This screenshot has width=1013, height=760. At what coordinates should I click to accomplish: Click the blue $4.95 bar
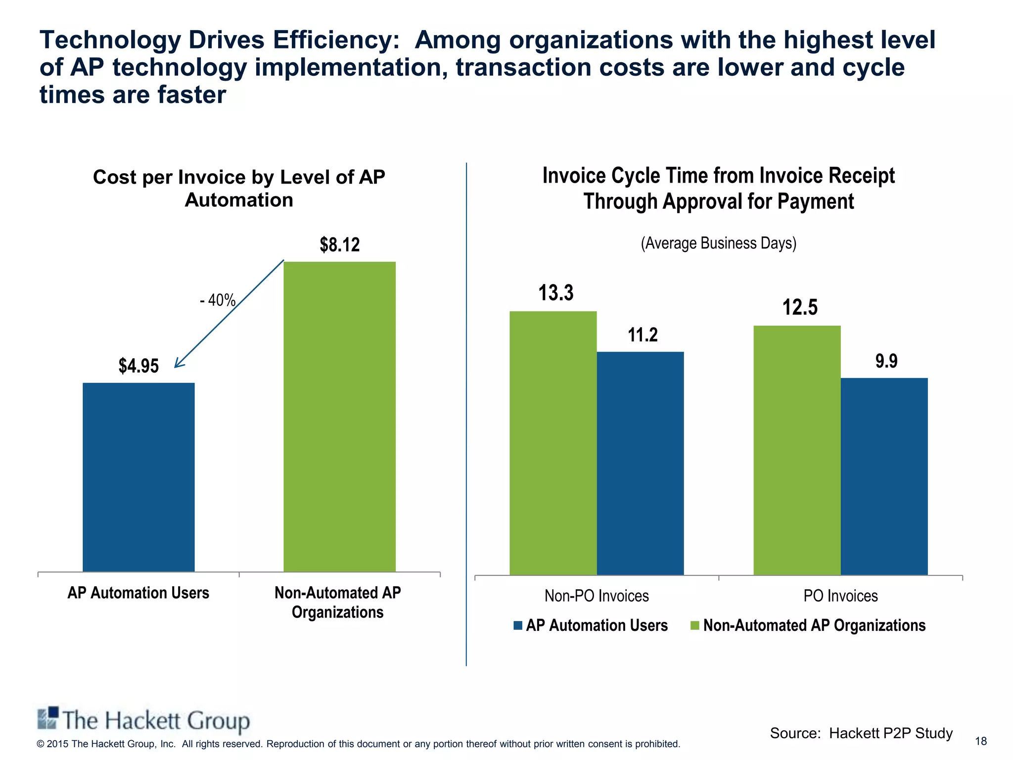click(138, 477)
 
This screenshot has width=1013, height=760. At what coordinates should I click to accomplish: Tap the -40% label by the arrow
click(218, 300)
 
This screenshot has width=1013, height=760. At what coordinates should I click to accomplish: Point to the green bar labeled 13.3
click(553, 443)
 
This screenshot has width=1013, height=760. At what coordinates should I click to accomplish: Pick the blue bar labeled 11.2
click(640, 463)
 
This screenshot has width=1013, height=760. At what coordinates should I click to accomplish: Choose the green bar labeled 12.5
click(797, 450)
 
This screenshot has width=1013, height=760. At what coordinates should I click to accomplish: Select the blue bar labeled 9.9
click(884, 476)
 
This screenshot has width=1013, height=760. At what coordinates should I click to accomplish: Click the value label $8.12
click(340, 245)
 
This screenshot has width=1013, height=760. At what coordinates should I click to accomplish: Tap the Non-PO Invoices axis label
click(597, 596)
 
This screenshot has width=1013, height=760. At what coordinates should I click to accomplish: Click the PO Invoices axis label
click(840, 596)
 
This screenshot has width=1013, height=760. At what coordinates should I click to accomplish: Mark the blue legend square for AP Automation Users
click(518, 625)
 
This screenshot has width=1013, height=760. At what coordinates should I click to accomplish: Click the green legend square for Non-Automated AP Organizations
click(695, 625)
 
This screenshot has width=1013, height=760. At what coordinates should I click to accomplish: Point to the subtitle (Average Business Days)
click(718, 243)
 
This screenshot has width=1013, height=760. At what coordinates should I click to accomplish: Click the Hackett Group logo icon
click(48, 718)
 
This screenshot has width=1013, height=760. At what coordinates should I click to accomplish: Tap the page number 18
click(980, 741)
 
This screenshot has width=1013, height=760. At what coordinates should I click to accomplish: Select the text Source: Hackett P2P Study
click(861, 733)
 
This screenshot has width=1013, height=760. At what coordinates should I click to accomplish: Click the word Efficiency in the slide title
click(336, 40)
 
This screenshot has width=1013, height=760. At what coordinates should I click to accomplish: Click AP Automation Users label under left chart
click(138, 593)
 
